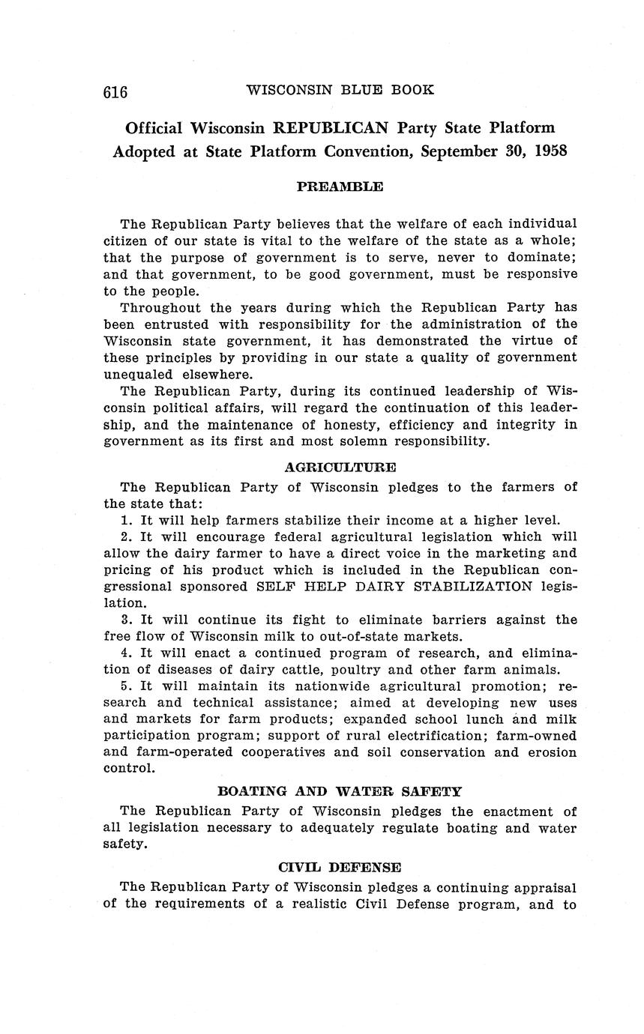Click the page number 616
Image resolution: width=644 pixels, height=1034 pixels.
click(115, 91)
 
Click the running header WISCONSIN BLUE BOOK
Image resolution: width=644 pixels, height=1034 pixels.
click(340, 90)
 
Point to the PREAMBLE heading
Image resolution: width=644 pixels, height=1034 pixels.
click(340, 187)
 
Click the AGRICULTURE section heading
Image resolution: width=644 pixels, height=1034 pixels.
click(340, 467)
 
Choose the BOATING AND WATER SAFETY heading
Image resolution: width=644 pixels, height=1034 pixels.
click(340, 791)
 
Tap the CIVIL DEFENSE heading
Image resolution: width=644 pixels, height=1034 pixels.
click(340, 867)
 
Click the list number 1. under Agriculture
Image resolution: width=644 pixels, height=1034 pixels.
click(126, 520)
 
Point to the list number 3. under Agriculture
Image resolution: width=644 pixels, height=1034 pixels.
click(126, 620)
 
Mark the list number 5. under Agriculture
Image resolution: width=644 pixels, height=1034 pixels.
click(126, 686)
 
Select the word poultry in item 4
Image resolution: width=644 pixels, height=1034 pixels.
click(368, 669)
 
